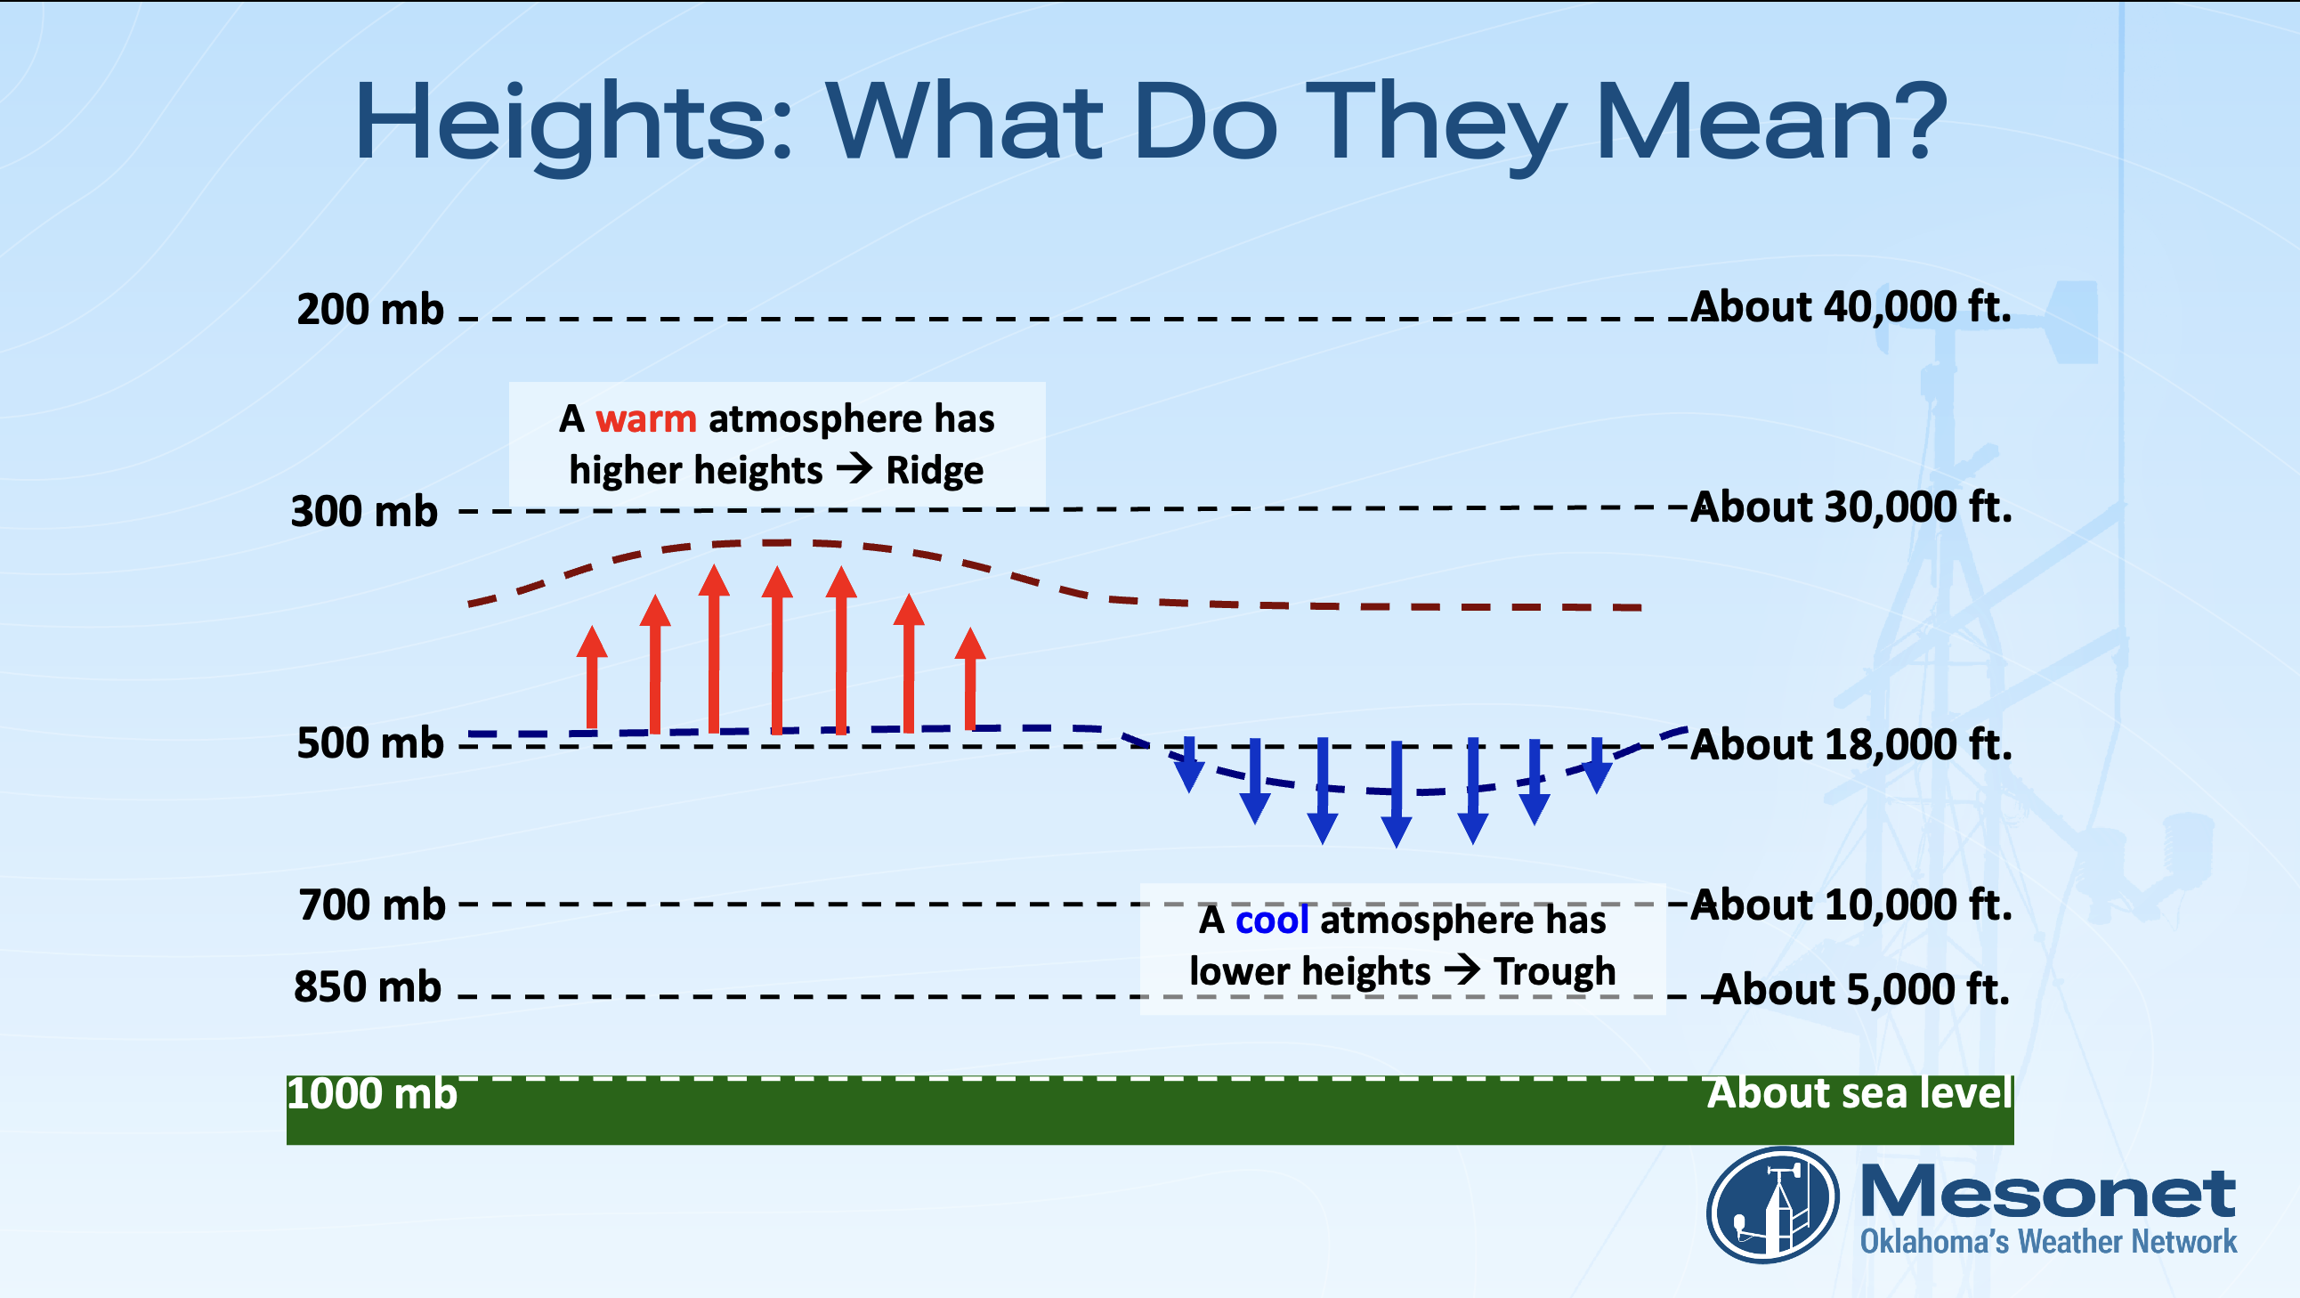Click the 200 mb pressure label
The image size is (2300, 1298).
click(x=369, y=310)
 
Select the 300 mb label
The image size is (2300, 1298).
click(x=364, y=512)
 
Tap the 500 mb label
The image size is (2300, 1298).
click(x=369, y=743)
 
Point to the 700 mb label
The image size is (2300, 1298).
click(x=371, y=905)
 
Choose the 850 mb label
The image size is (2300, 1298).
click(x=367, y=987)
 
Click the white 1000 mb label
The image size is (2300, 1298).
click(x=371, y=1094)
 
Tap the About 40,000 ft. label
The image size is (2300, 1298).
click(x=1851, y=307)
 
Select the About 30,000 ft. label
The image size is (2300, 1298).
click(x=1851, y=507)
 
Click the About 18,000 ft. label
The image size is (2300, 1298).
click(x=1851, y=744)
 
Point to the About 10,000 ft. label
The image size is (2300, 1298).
click(x=1851, y=905)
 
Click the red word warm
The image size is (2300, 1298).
click(x=645, y=419)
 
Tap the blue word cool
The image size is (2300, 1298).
click(x=1271, y=921)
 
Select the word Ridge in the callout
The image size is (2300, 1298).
click(x=934, y=471)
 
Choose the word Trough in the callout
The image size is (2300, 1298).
click(x=1554, y=971)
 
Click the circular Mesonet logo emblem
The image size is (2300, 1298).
click(x=1772, y=1205)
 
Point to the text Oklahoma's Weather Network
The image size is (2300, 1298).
click(x=2048, y=1242)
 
